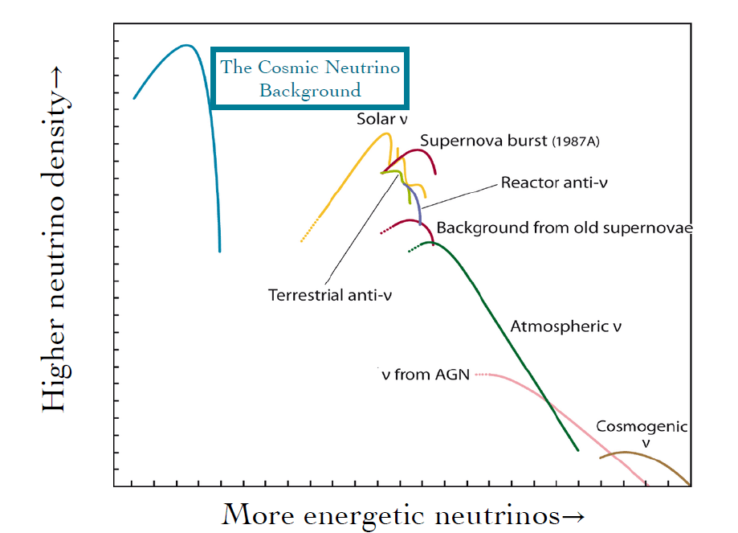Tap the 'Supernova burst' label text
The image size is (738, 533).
click(484, 141)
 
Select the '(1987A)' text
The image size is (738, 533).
click(576, 142)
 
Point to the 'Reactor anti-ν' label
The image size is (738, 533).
click(554, 182)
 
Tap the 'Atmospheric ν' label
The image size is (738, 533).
click(566, 327)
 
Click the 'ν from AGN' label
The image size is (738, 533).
click(426, 374)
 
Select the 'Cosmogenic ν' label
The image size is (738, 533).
click(641, 433)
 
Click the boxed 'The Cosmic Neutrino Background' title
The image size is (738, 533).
click(310, 79)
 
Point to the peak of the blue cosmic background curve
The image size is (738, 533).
click(186, 45)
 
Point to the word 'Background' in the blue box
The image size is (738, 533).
click(310, 90)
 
